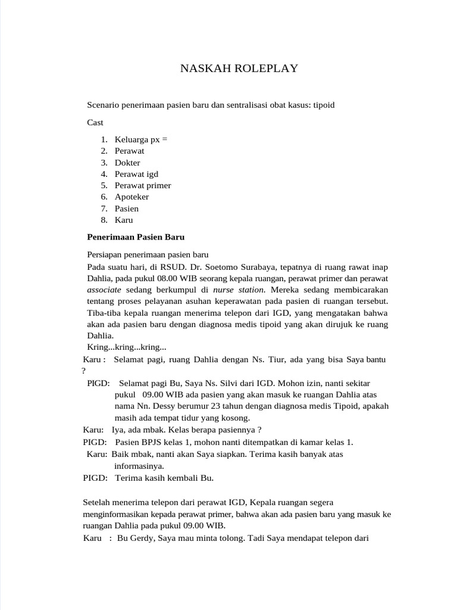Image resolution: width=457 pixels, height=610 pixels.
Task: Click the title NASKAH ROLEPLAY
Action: pyautogui.click(x=239, y=69)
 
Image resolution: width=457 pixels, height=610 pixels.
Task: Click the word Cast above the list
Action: pyautogui.click(x=95, y=122)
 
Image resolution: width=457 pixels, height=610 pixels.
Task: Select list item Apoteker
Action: pyautogui.click(x=132, y=197)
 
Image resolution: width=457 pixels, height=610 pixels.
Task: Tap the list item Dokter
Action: pyautogui.click(x=127, y=162)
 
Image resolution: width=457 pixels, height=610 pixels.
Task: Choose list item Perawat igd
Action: pyautogui.click(x=136, y=174)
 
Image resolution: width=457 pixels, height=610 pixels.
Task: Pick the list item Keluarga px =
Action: pyautogui.click(x=141, y=139)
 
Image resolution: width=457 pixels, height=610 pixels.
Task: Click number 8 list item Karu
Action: pyautogui.click(x=124, y=220)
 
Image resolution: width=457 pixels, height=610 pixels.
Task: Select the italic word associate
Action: pyautogui.click(x=104, y=290)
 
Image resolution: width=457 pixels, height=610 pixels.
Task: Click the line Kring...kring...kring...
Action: pyautogui.click(x=126, y=347)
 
